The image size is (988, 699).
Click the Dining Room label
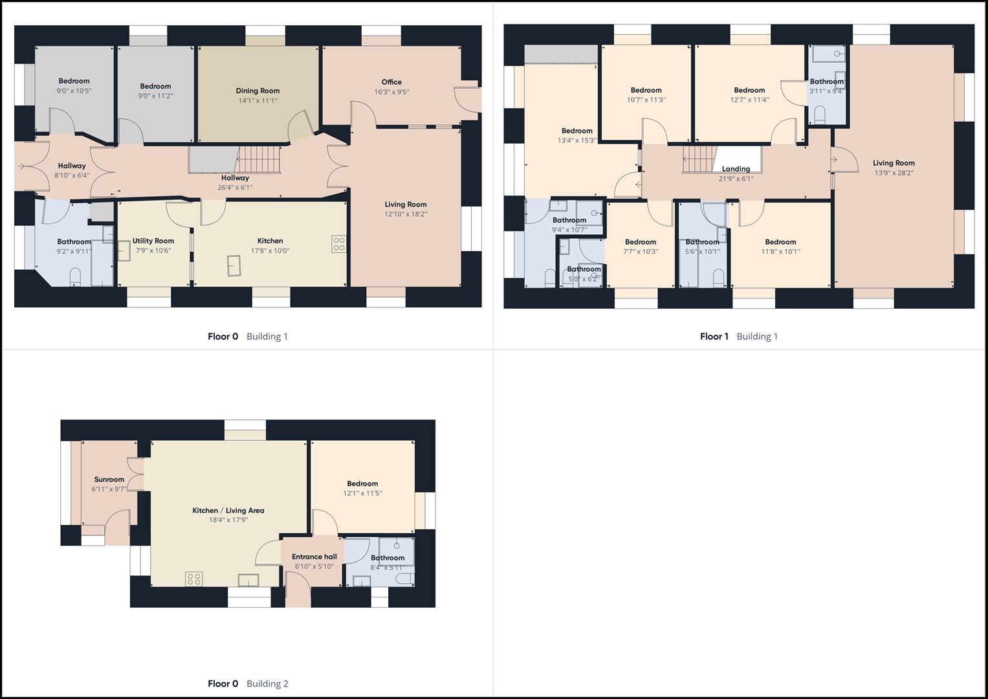tap(258, 91)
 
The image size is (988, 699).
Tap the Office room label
tap(391, 82)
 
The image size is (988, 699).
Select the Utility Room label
tap(153, 241)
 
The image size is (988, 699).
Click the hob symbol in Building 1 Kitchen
tap(338, 244)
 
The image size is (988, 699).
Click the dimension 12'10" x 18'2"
tap(406, 214)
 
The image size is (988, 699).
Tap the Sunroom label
tap(109, 480)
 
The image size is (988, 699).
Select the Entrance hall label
tap(314, 557)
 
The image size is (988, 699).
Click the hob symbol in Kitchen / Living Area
tap(193, 579)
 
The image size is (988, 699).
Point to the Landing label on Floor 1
tap(736, 169)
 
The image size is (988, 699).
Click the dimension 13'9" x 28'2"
tap(894, 173)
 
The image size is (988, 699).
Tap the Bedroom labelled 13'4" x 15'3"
tap(576, 131)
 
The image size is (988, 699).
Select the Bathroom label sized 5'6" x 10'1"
tap(702, 242)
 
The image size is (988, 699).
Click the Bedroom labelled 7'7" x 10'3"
tap(640, 242)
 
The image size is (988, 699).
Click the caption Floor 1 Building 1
tap(738, 336)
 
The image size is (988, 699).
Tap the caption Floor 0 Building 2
tap(248, 683)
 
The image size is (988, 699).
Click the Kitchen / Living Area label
tap(228, 511)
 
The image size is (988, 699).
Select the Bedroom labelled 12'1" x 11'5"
tap(362, 483)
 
